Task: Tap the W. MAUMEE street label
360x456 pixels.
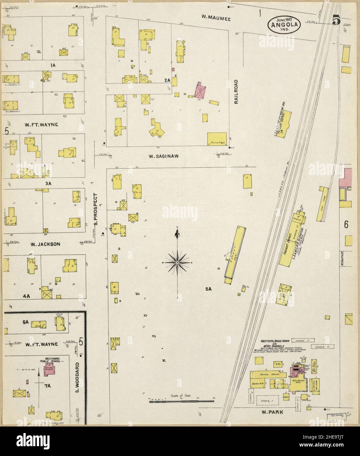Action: pyautogui.click(x=216, y=19)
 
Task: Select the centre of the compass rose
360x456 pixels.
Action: pyautogui.click(x=178, y=263)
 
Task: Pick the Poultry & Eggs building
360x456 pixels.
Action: pyautogui.click(x=217, y=139)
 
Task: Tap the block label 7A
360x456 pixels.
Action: pyautogui.click(x=48, y=386)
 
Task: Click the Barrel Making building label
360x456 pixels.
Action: pyautogui.click(x=266, y=374)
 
